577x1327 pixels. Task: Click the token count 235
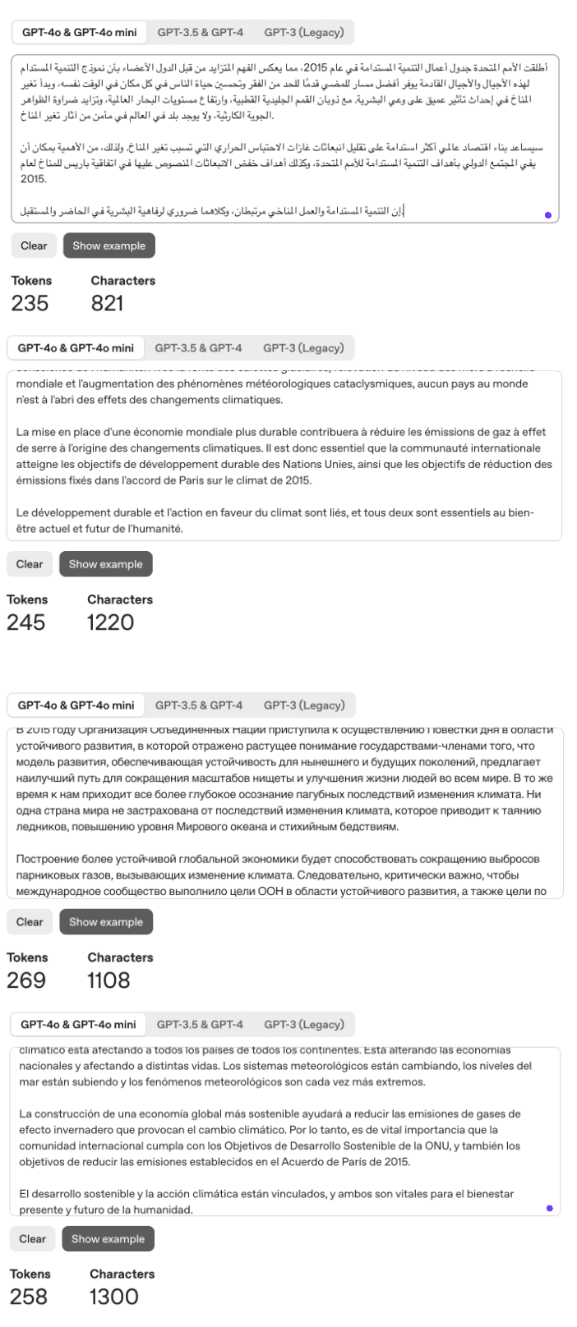pyautogui.click(x=30, y=303)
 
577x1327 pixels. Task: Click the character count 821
pyautogui.click(x=107, y=303)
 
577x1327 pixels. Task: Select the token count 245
pyautogui.click(x=25, y=622)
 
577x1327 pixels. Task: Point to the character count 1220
pyautogui.click(x=110, y=622)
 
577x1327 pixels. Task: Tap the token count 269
pyautogui.click(x=26, y=980)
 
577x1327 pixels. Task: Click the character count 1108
pyautogui.click(x=108, y=980)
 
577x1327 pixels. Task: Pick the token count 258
pyautogui.click(x=28, y=1297)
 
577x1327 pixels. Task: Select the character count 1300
pyautogui.click(x=114, y=1297)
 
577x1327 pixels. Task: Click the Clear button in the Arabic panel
pyautogui.click(x=34, y=246)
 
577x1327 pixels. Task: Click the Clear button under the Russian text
pyautogui.click(x=30, y=922)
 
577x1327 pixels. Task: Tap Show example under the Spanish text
pyautogui.click(x=108, y=1239)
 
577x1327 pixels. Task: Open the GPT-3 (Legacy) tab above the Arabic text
pyautogui.click(x=303, y=33)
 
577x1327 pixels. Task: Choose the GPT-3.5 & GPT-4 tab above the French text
pyautogui.click(x=199, y=348)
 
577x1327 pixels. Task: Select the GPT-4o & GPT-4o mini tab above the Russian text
pyautogui.click(x=76, y=705)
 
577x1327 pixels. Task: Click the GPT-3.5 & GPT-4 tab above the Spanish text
pyautogui.click(x=200, y=1025)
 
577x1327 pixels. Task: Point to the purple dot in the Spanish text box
pyautogui.click(x=549, y=1209)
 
